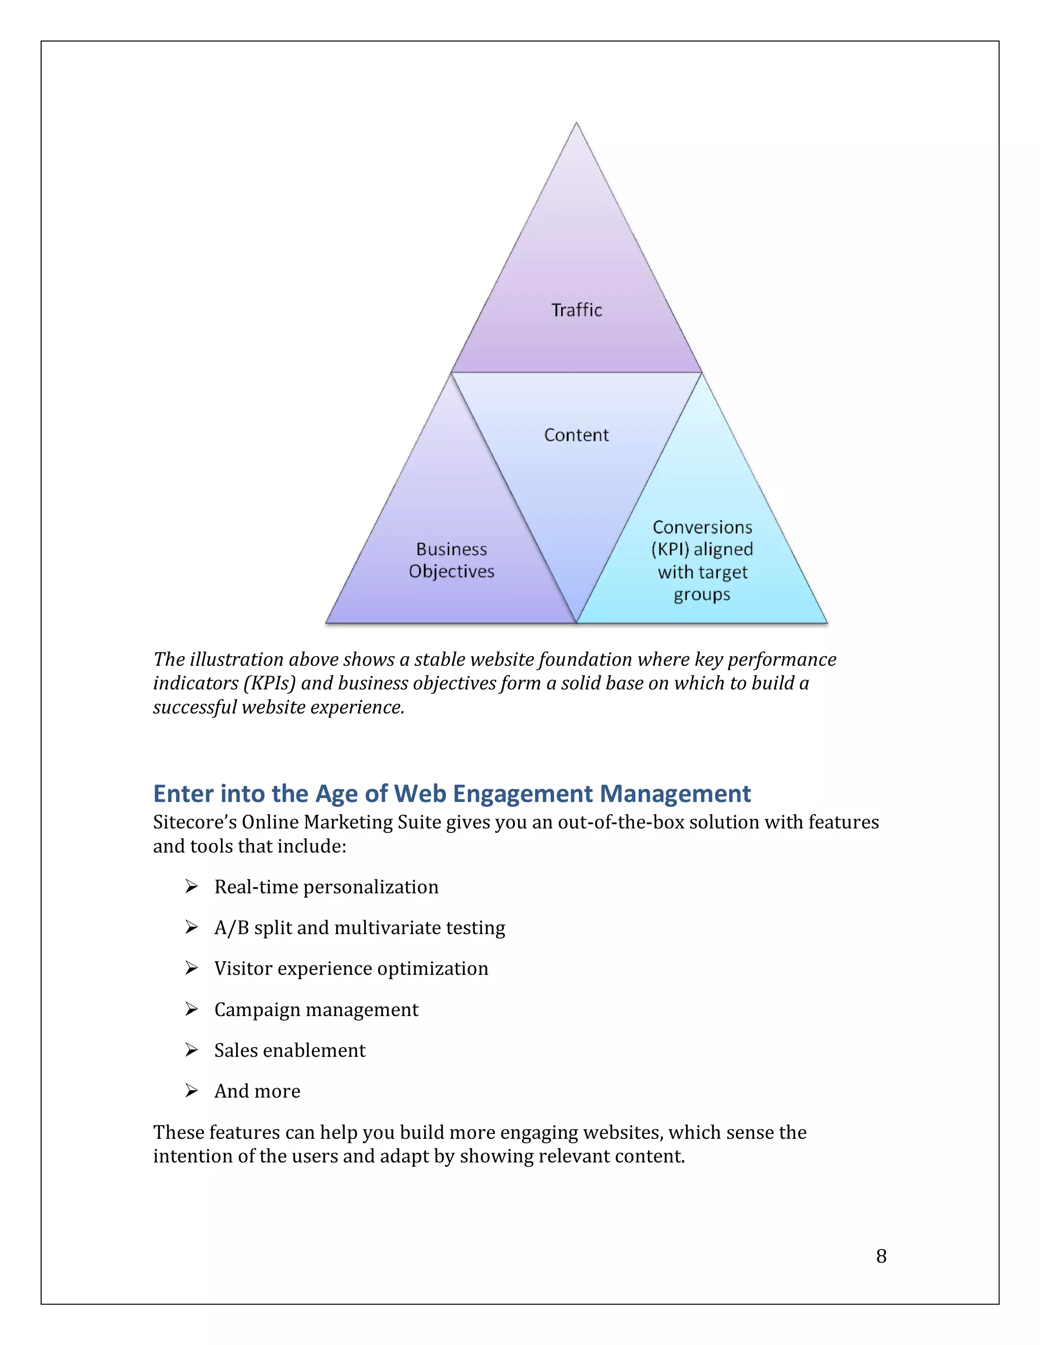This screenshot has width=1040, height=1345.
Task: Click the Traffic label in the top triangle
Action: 576,310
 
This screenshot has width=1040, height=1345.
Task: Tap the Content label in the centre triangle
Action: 576,435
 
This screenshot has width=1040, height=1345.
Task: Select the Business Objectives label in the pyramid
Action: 451,560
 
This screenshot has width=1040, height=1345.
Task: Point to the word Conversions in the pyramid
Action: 702,527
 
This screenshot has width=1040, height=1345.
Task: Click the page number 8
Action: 881,1256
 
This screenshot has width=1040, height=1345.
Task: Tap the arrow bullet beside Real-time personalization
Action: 191,886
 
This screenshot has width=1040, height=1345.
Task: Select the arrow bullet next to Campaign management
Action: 191,1009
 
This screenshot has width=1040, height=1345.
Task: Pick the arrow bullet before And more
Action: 191,1091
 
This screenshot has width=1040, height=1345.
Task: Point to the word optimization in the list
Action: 433,968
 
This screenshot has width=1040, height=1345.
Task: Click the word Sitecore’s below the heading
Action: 194,822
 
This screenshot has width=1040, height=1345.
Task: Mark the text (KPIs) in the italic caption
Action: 269,684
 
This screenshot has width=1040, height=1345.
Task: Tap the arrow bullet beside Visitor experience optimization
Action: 191,968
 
